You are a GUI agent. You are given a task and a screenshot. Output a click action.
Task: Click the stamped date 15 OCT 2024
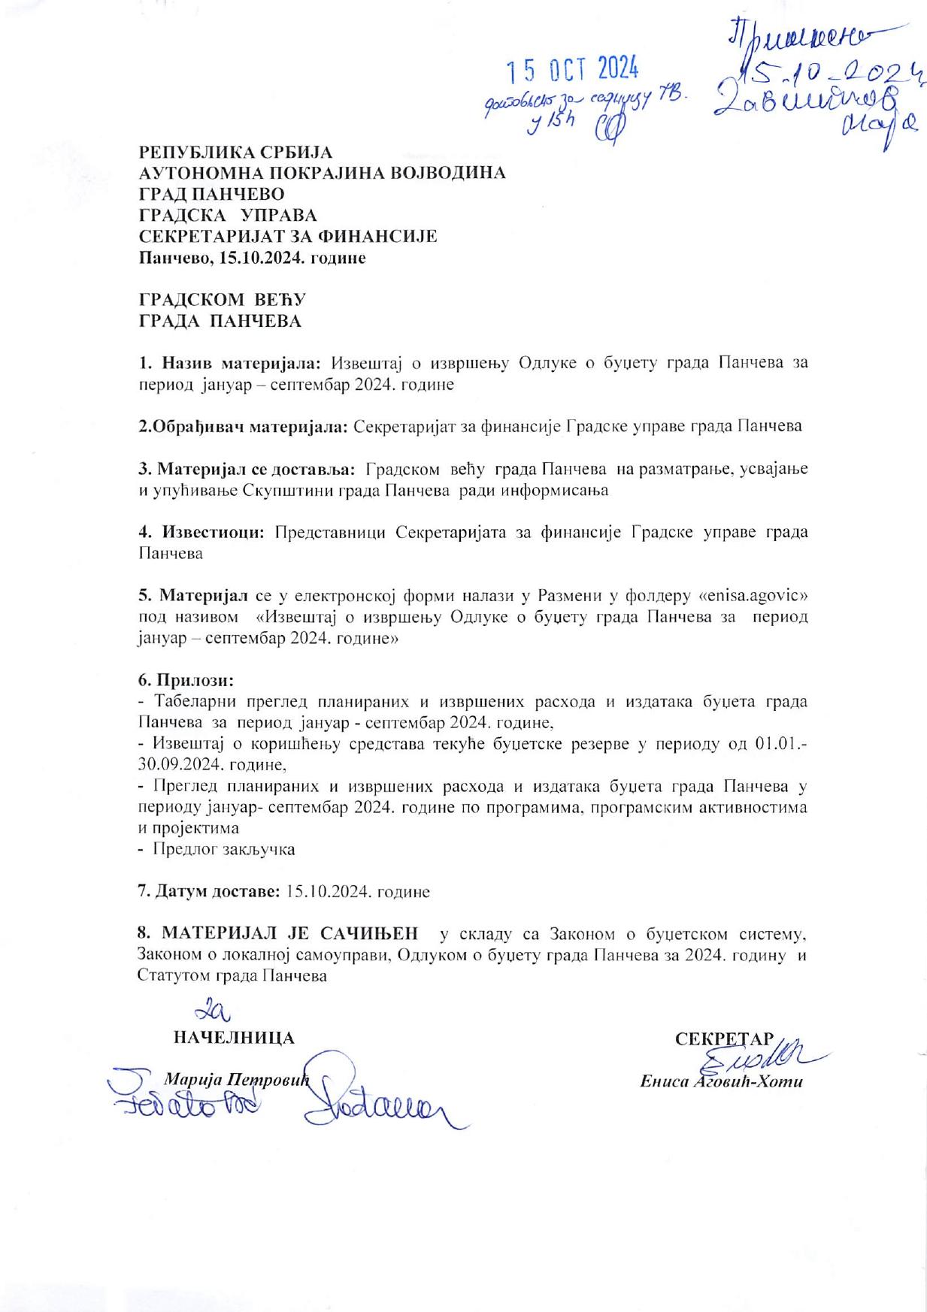572,71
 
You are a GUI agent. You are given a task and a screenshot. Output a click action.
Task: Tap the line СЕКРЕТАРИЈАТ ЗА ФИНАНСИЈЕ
288,237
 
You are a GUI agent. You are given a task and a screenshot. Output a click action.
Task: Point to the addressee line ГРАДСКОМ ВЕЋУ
223,300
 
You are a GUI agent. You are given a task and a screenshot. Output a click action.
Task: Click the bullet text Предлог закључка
224,850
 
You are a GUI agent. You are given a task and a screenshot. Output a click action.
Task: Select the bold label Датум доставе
216,892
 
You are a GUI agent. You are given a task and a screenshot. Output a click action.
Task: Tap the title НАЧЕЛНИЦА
234,1038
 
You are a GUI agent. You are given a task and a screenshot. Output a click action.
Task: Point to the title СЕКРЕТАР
723,1038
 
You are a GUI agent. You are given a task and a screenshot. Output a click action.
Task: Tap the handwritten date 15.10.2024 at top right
827,74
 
